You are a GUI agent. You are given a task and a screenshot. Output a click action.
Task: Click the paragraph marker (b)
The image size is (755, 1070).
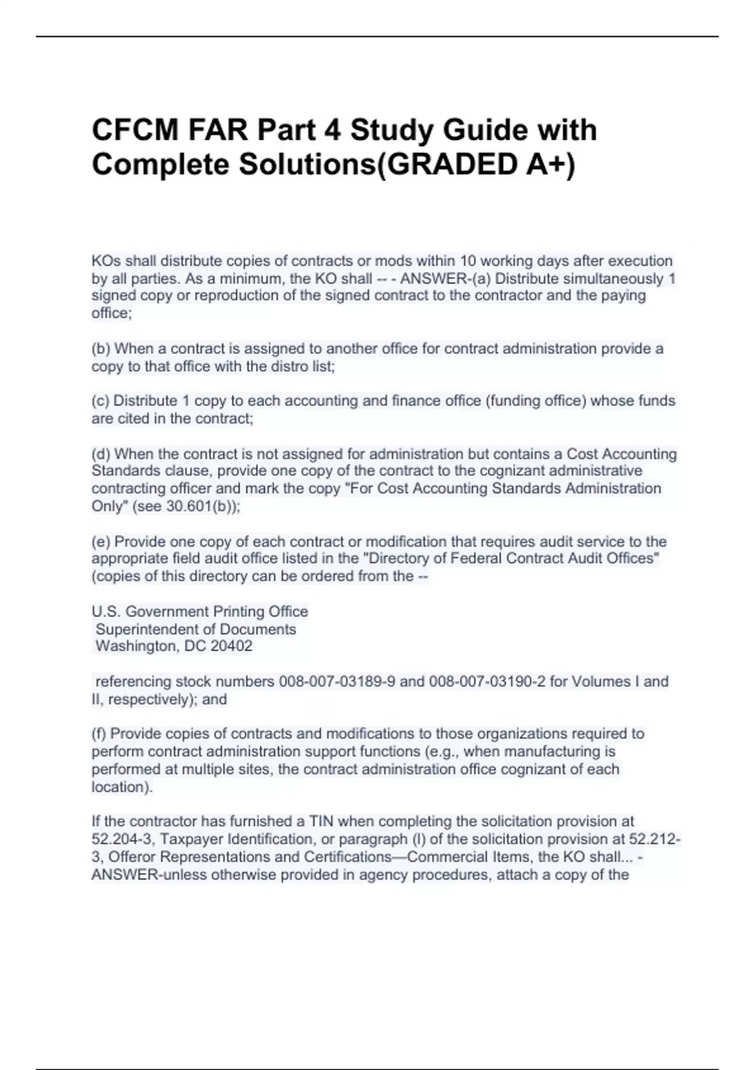pos(101,349)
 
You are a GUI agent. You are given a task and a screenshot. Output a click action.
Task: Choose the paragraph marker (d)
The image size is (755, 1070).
pos(101,454)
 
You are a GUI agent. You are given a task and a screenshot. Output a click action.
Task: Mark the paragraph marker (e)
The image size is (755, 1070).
pos(101,542)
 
